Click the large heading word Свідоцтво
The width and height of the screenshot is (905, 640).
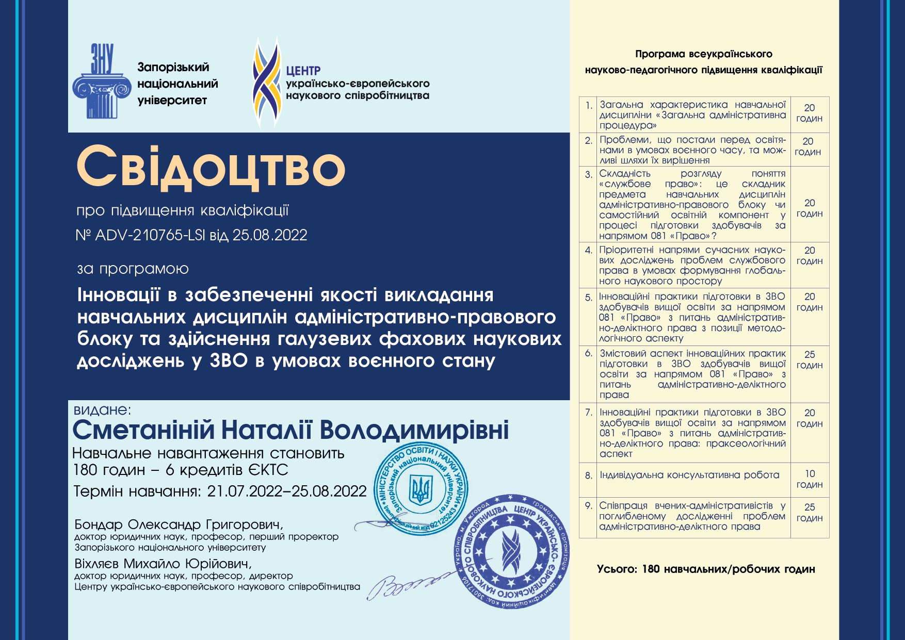211,167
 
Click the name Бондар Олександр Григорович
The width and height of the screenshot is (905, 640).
179,524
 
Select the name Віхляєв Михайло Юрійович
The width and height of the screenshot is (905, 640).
163,564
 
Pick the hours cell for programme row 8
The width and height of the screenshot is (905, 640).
810,479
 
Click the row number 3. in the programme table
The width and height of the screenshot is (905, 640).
589,174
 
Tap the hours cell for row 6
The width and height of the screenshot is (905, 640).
810,360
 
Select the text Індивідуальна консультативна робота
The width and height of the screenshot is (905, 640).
689,475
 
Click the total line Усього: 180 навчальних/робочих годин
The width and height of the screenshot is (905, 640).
706,569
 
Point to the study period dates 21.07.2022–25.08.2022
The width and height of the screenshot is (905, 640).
287,491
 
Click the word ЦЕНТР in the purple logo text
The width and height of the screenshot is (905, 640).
303,71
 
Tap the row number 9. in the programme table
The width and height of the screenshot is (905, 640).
589,506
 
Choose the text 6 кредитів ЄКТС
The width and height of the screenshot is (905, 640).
227,470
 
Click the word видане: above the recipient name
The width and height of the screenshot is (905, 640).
103,410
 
